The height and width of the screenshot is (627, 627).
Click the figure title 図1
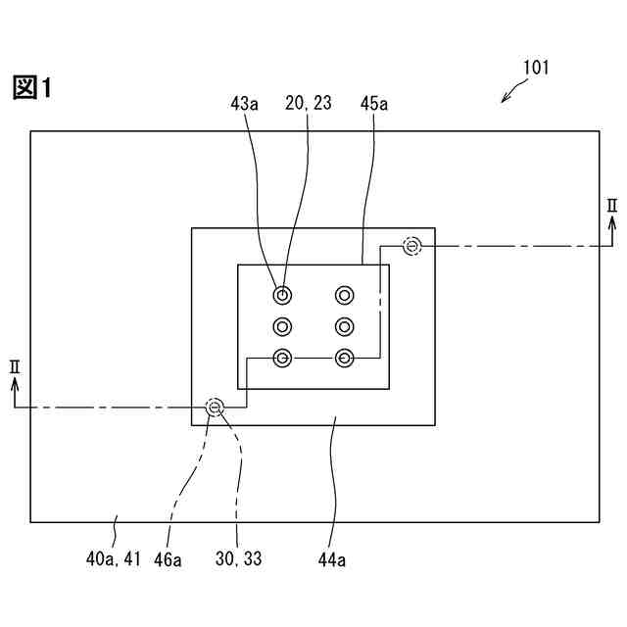(x=31, y=88)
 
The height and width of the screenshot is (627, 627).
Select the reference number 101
(x=535, y=69)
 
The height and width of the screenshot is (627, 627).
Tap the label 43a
(x=244, y=103)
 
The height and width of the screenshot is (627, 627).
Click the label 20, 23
(x=307, y=103)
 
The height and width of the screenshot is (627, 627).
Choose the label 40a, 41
(x=115, y=559)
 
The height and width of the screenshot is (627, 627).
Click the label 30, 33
(x=238, y=559)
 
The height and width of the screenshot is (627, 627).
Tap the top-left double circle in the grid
(x=282, y=295)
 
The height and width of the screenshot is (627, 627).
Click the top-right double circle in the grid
(x=344, y=295)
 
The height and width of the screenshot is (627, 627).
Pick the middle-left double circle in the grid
(x=282, y=326)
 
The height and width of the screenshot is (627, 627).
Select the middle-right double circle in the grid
(x=344, y=326)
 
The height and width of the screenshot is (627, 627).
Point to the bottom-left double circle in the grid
(x=282, y=358)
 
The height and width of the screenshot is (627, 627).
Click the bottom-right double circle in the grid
(x=344, y=358)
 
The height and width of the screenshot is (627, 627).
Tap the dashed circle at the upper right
(x=412, y=245)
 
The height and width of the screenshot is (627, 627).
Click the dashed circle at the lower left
(x=215, y=407)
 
